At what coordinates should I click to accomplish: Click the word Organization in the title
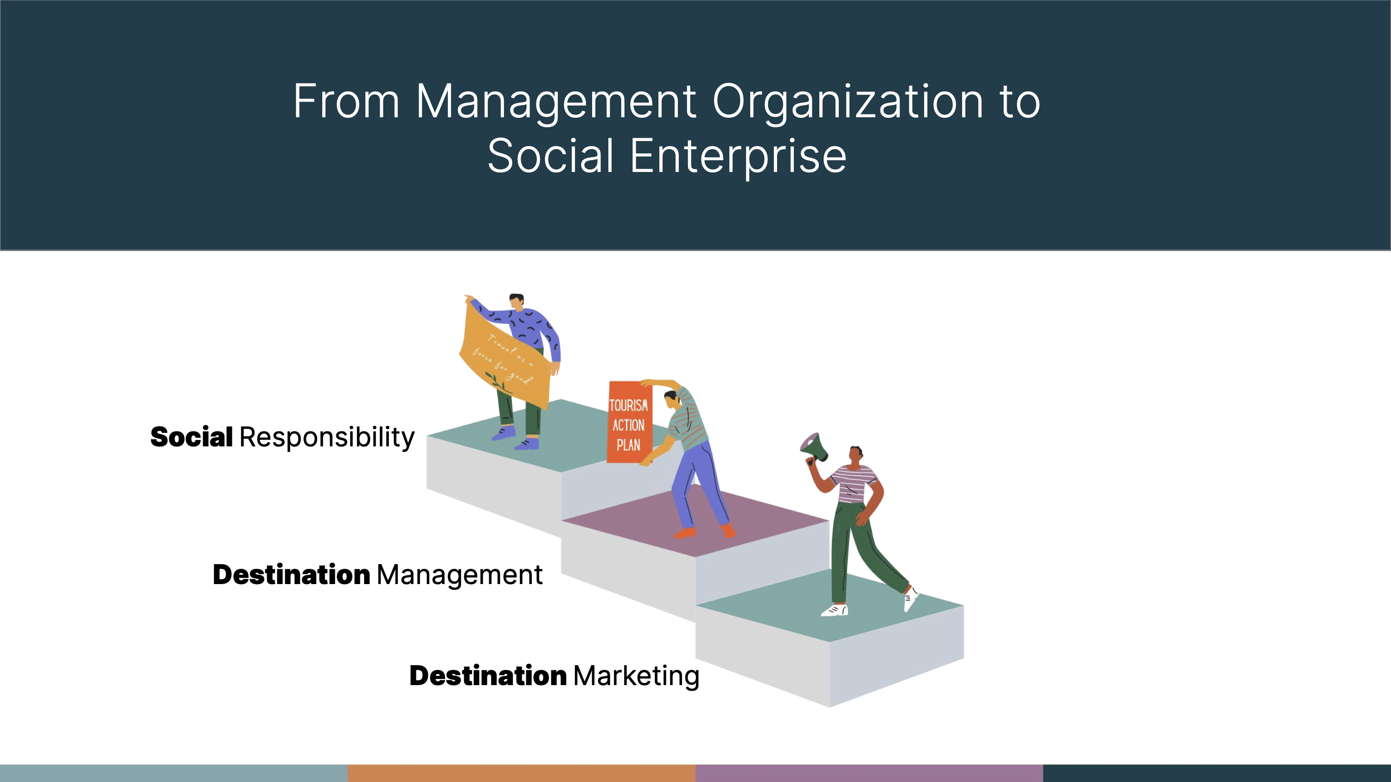(849, 102)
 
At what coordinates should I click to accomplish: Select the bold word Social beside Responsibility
(191, 437)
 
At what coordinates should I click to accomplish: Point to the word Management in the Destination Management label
(459, 576)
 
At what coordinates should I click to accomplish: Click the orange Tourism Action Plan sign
(629, 422)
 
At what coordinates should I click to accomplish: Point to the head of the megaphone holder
(856, 454)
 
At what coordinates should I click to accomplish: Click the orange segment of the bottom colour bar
(522, 773)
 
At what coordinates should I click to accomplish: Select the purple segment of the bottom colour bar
(869, 773)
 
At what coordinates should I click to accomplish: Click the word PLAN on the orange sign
(629, 445)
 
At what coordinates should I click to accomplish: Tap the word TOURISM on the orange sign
(629, 405)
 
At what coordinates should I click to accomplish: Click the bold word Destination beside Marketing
(488, 676)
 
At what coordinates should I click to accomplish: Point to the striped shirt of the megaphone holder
(853, 483)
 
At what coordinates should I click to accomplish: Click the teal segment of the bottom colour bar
(174, 773)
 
